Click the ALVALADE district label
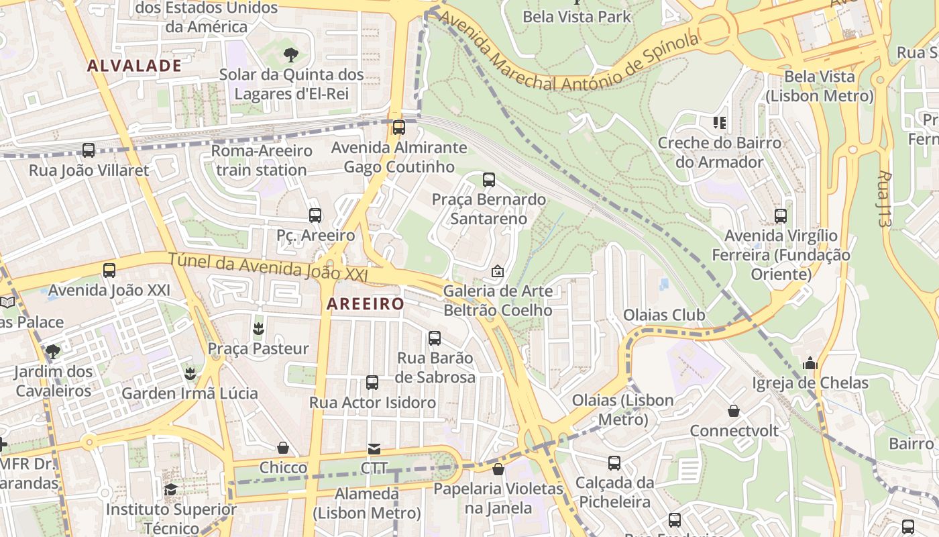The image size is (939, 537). (x=134, y=65)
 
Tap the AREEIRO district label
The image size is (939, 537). (x=366, y=304)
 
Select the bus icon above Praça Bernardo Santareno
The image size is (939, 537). (x=489, y=180)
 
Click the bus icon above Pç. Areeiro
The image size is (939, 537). (x=315, y=215)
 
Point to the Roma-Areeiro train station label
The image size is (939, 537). (x=262, y=160)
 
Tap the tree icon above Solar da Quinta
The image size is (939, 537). (x=290, y=55)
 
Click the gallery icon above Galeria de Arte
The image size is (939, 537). (x=498, y=271)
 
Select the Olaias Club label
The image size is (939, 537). (x=664, y=315)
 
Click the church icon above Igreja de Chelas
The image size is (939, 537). (x=810, y=363)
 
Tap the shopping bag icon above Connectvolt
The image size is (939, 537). (x=734, y=411)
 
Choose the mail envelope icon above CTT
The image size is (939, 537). (x=374, y=448)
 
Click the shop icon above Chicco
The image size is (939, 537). (x=283, y=448)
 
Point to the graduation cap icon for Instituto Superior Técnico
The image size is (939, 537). (x=170, y=489)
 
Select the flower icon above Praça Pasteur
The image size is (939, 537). (x=258, y=329)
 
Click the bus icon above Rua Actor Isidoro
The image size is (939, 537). (x=372, y=383)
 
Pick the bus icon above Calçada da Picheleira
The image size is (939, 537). (x=614, y=463)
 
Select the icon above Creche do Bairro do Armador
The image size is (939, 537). (x=720, y=123)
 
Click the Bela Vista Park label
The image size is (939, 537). (x=577, y=16)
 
